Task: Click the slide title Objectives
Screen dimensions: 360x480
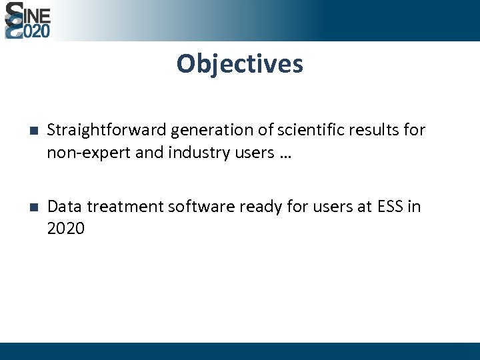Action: (239, 64)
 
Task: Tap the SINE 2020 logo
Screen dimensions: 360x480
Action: (27, 20)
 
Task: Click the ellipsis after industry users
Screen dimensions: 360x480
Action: (285, 155)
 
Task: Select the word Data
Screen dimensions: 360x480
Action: (65, 207)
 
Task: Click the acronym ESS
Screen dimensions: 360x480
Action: (389, 207)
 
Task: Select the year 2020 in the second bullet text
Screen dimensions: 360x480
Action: (65, 229)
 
